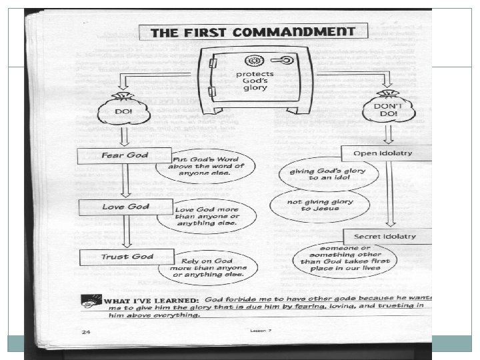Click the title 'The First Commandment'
[x=252, y=31]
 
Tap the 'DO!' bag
[x=124, y=112]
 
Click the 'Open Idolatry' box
[x=387, y=153]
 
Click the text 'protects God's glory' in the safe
[x=254, y=79]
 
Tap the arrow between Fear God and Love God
[x=123, y=181]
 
